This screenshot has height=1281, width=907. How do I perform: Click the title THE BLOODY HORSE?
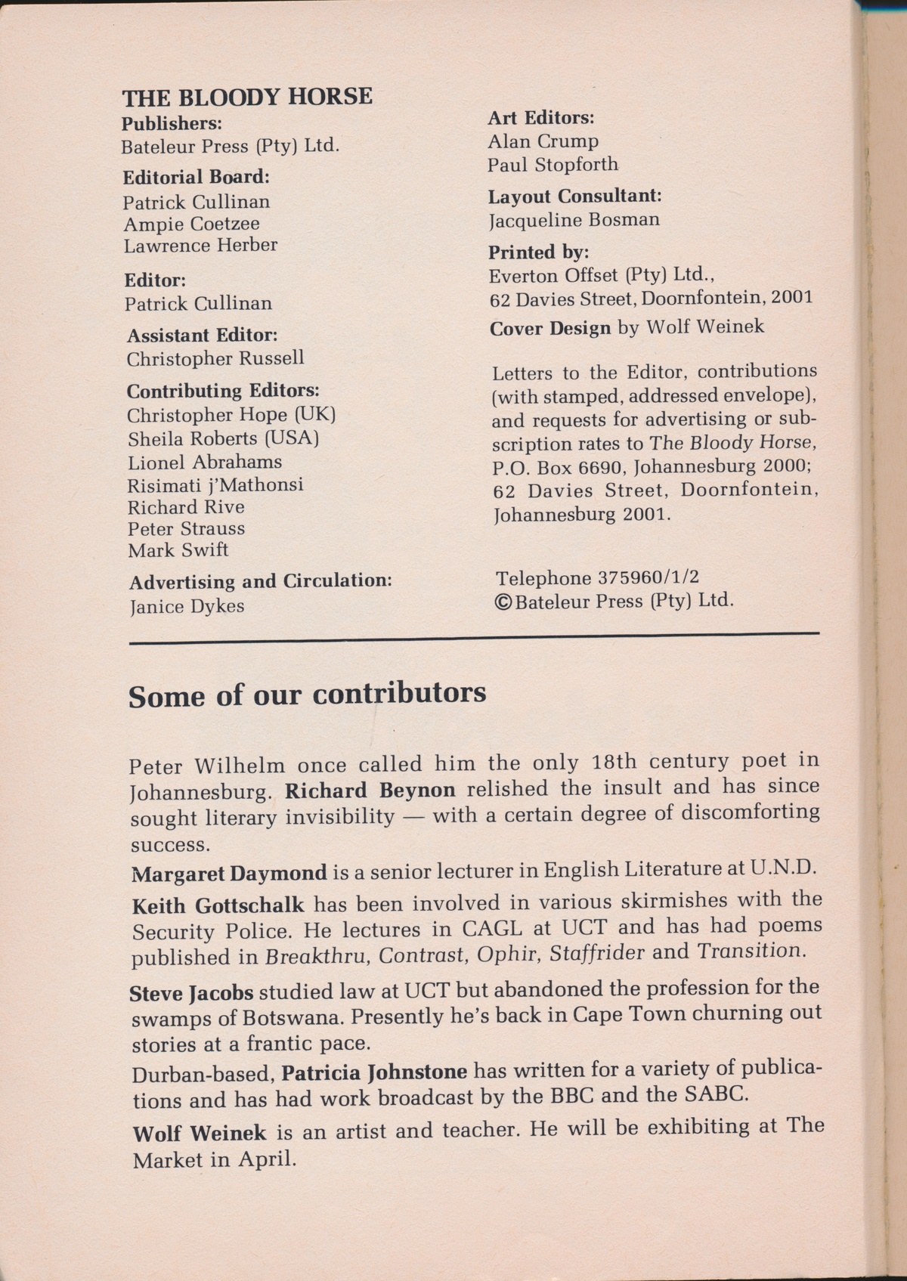pos(247,97)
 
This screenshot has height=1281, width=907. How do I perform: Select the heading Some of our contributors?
pos(307,694)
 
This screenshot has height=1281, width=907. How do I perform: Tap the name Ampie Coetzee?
pos(192,224)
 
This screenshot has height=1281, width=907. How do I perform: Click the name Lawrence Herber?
pos(201,245)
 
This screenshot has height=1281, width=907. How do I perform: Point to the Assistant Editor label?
pos(203,335)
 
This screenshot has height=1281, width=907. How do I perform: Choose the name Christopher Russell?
pos(215,358)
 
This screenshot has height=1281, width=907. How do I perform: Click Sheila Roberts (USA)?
pos(223,438)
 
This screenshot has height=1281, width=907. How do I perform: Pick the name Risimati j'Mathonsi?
pos(215,484)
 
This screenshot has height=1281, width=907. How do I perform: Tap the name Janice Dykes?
pos(187,606)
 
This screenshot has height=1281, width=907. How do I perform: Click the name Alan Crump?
pos(543,141)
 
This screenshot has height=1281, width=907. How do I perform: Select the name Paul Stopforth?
pos(553,165)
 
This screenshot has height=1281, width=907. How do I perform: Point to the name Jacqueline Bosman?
pos(574,220)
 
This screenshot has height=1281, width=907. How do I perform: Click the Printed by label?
pos(538,252)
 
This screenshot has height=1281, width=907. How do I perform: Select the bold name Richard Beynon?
pos(370,791)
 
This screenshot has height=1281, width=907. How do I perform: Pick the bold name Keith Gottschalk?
pos(218,905)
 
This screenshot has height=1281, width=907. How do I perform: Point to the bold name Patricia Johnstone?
pos(375,1072)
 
